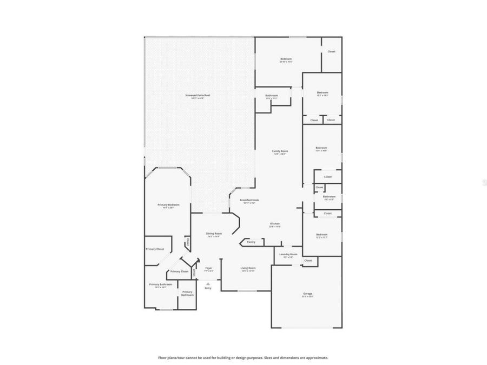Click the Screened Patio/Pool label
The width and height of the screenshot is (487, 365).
point(198,95)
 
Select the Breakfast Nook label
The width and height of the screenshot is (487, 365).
point(249,200)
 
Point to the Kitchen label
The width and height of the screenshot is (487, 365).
point(275,224)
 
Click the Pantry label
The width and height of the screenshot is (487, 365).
point(251,242)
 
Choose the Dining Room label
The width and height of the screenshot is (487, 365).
point(214,234)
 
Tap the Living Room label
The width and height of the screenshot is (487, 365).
point(248,268)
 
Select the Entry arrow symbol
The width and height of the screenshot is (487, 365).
point(208,283)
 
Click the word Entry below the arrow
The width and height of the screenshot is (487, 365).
point(208,288)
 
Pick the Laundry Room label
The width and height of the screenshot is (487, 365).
point(288,254)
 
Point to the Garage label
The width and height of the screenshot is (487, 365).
point(307,294)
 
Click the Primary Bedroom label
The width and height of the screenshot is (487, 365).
point(168,205)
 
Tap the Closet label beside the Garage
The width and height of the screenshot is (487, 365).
point(308,261)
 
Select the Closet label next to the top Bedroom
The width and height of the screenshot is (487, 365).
point(331,51)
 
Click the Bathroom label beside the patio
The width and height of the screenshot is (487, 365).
point(271,96)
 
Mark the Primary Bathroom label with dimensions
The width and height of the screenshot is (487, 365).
point(161,284)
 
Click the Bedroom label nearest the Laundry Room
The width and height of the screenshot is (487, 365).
point(322,235)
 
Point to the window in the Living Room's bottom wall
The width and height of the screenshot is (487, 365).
point(246,291)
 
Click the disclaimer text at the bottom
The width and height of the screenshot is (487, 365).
point(243,357)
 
